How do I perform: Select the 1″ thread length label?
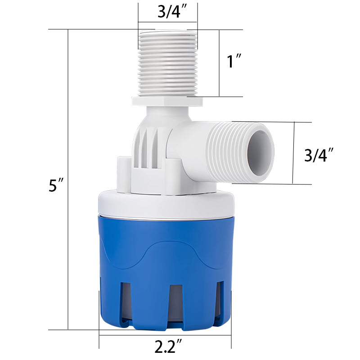coord(234,61)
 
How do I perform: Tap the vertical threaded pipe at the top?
coord(167,63)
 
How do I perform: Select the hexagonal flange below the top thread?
coord(167,101)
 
